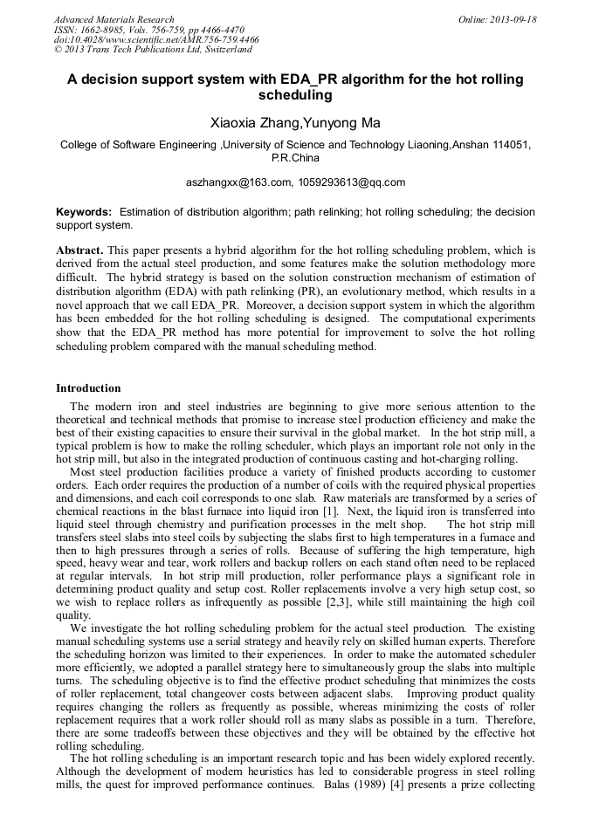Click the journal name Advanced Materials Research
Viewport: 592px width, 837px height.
pos(114,19)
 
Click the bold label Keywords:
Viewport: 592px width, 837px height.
pos(84,212)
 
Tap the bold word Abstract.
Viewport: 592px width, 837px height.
pos(79,250)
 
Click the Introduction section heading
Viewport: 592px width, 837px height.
pos(88,388)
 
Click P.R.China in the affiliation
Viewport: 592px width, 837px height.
pos(295,158)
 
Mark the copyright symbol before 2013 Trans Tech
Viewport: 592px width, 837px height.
pos(58,50)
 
